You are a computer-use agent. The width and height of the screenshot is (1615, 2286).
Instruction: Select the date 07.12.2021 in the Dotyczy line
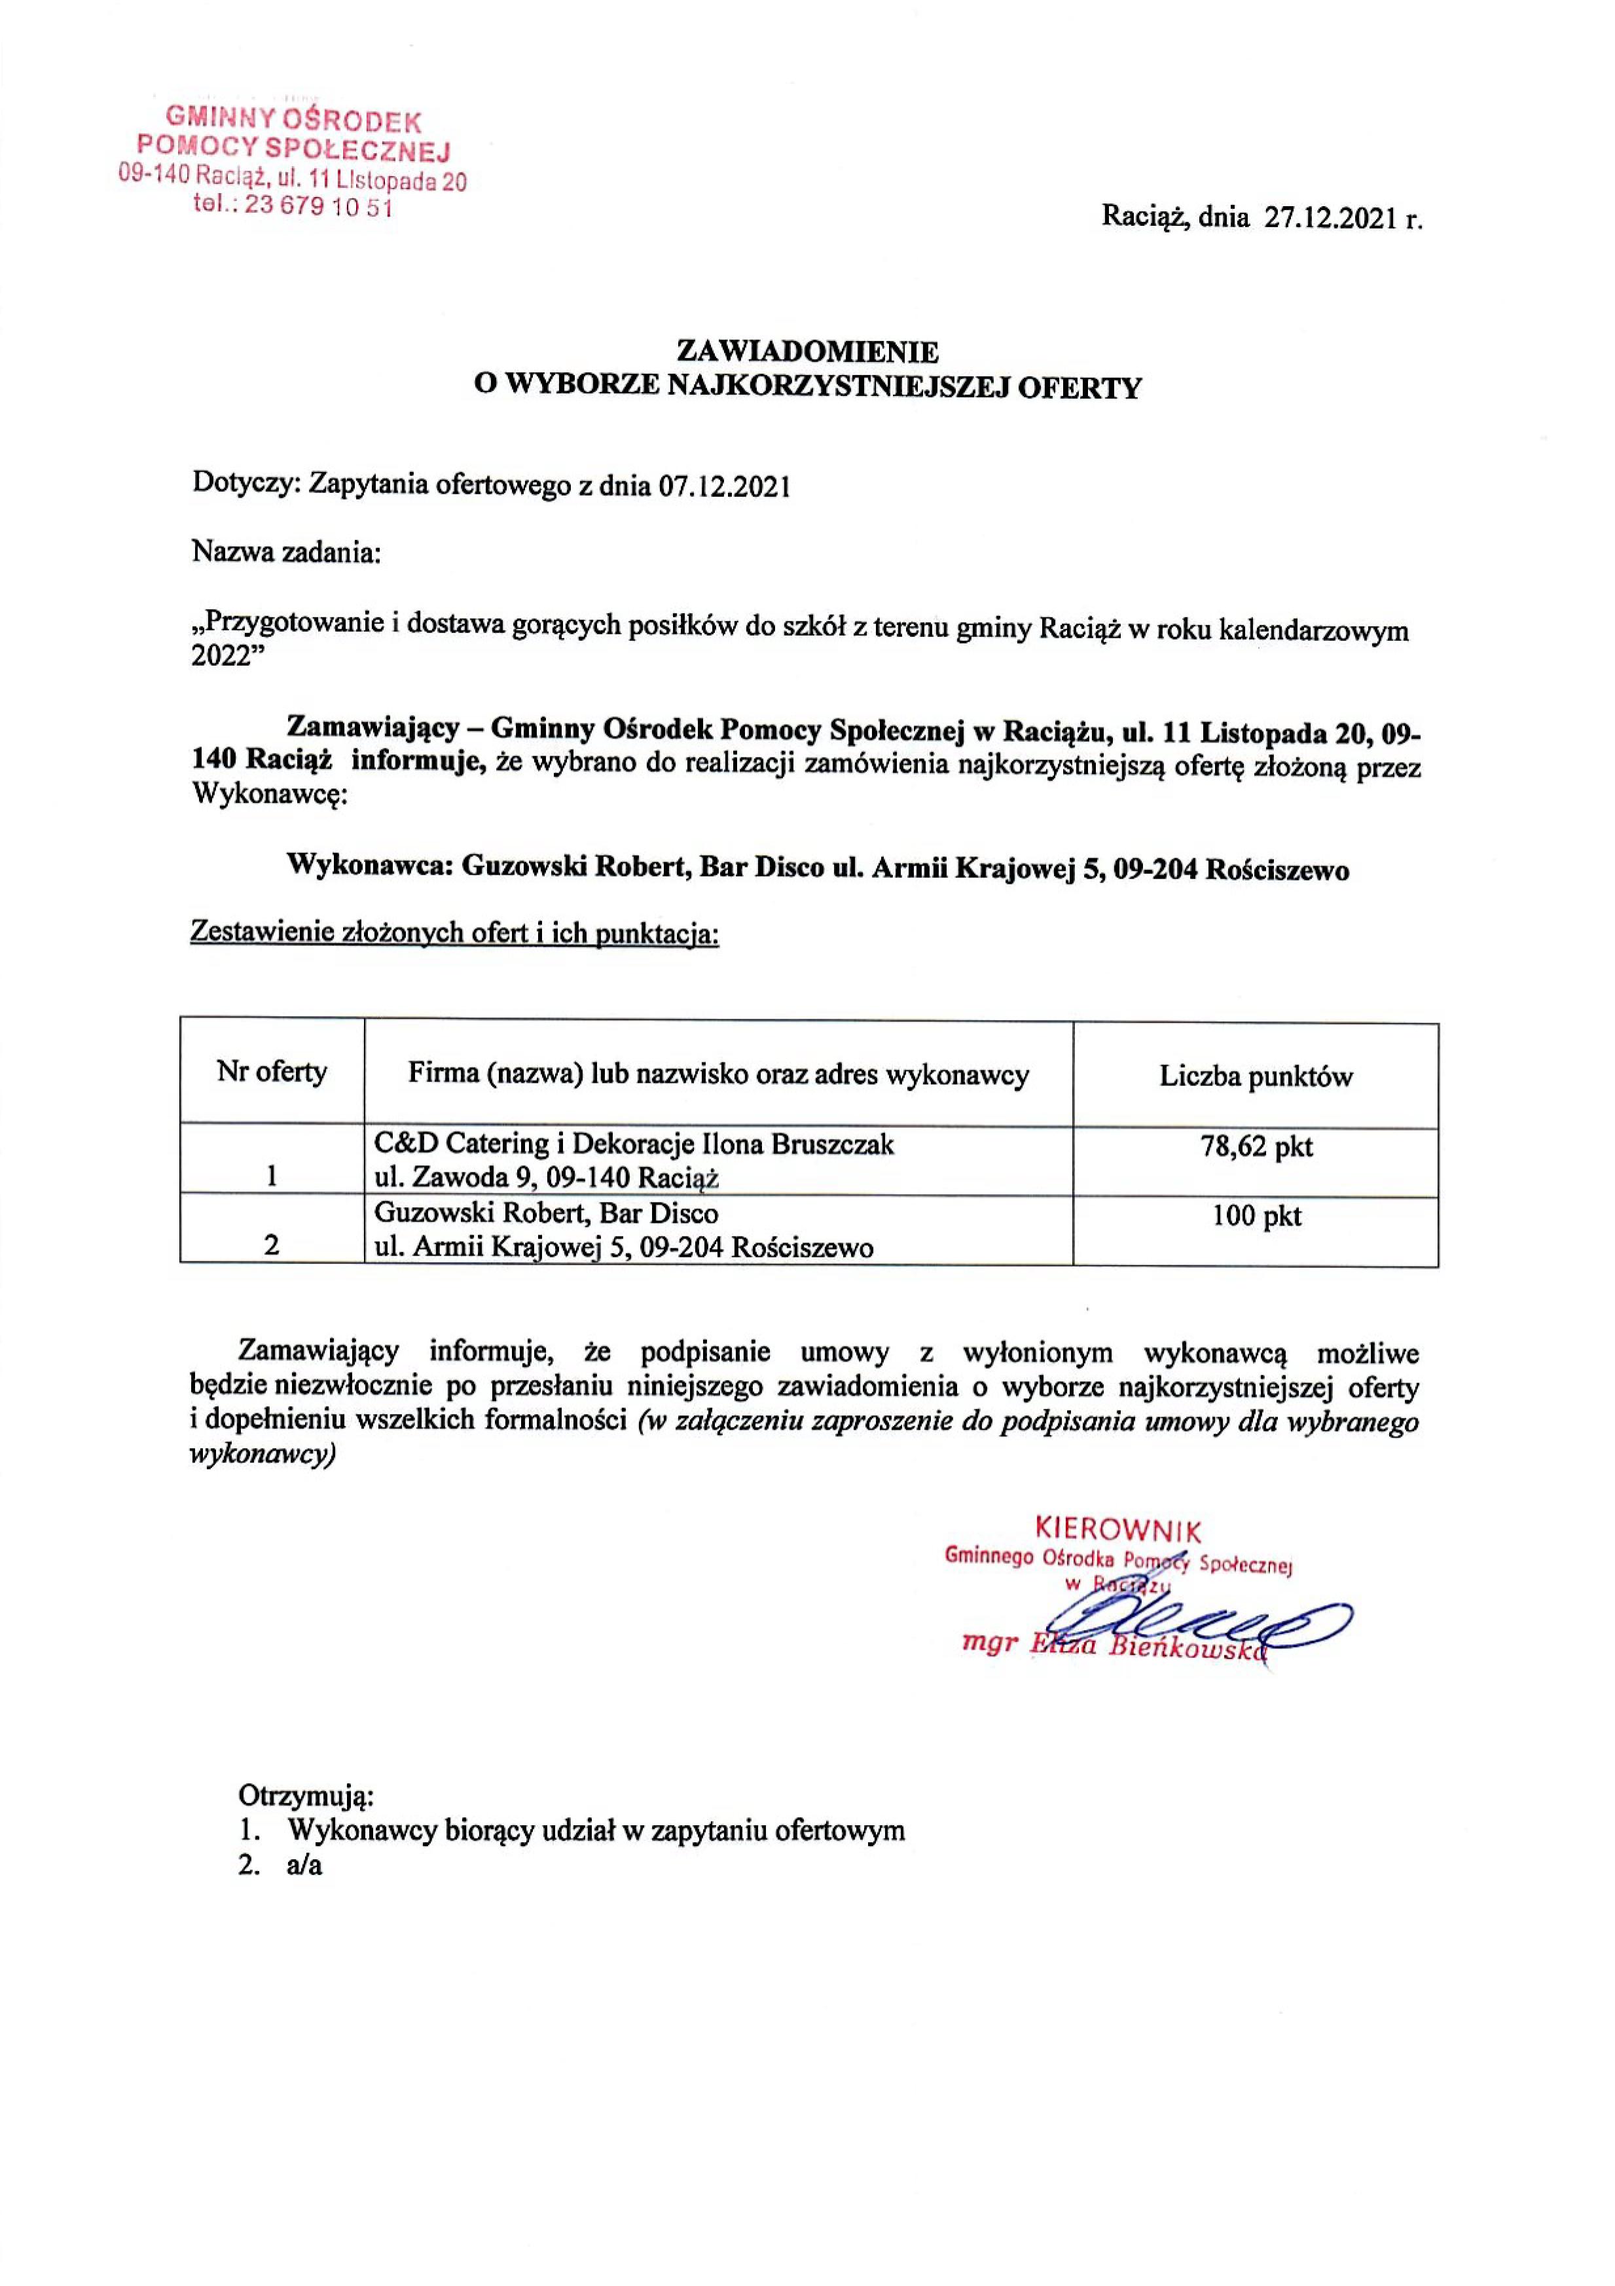[723, 487]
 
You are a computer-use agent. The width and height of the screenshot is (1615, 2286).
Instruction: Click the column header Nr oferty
[272, 1072]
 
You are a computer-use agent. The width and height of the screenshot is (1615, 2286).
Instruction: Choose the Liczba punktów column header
[1256, 1076]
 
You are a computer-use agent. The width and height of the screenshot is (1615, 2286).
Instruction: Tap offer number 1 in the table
[271, 1178]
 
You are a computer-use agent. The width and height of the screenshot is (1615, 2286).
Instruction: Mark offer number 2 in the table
[271, 1246]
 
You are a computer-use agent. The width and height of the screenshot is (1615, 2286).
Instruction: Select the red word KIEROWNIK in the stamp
[1118, 1529]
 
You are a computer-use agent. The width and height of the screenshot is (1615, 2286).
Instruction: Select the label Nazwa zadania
[287, 552]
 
